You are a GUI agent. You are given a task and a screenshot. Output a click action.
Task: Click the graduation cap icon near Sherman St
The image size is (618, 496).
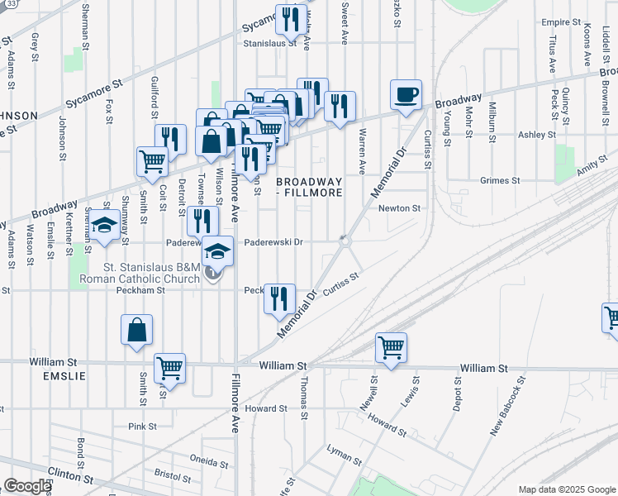click(104, 227)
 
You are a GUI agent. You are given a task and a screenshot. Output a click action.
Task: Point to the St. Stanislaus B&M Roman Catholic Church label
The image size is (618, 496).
click(152, 273)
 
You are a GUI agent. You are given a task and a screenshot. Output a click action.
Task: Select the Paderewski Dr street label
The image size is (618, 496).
click(276, 242)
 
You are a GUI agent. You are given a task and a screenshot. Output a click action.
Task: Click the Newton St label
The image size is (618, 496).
click(400, 208)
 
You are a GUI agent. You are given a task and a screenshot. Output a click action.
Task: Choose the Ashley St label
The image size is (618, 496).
click(537, 135)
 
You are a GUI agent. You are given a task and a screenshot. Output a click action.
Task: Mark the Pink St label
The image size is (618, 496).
click(142, 426)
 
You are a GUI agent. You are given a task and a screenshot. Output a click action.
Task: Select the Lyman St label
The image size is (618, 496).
click(345, 454)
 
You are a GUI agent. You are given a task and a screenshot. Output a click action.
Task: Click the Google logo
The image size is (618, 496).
click(27, 486)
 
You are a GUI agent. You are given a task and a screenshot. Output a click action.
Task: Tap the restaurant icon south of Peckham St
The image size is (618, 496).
click(279, 298)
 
